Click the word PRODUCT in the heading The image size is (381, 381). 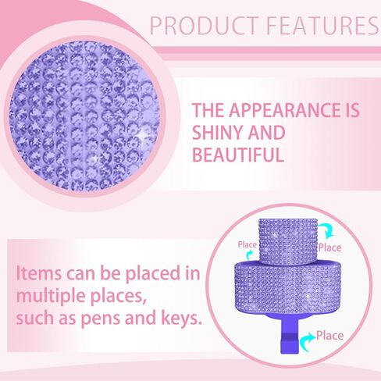tap(205, 25)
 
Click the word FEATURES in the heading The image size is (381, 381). tap(322, 25)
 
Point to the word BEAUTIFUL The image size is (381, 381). tap(238, 155)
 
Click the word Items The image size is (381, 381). tap(39, 273)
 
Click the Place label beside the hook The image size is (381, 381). tap(329, 336)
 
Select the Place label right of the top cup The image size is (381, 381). tap(329, 247)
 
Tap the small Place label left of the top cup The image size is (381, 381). tap(247, 244)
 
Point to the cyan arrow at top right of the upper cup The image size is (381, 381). tap(327, 230)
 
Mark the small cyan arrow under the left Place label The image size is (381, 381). tap(249, 255)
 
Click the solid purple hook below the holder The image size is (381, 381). tap(289, 334)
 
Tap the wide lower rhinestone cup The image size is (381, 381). tap(288, 286)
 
